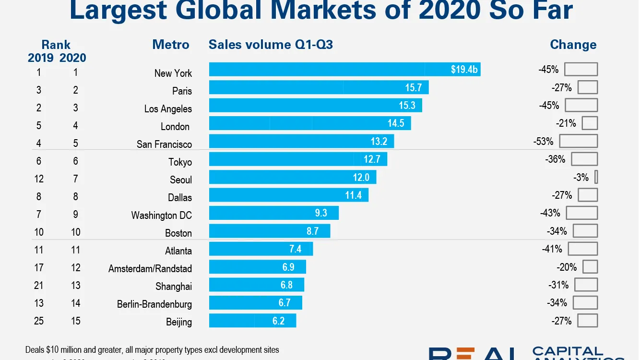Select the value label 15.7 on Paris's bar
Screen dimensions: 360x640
coord(413,87)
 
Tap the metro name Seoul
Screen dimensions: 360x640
coord(181,180)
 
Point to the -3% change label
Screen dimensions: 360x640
coord(581,178)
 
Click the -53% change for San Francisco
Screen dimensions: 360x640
coord(543,142)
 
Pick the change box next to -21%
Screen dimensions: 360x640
coord(590,123)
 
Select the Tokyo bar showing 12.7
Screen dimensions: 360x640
coord(297,159)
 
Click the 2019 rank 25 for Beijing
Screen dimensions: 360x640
coord(39,321)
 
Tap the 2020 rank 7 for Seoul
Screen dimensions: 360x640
coord(75,179)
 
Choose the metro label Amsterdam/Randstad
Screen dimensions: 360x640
coord(150,269)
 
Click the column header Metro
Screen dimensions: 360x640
coord(171,45)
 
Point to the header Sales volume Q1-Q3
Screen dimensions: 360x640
coord(271,45)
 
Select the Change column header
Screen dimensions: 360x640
coord(573,45)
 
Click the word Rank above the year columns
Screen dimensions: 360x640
coord(56,45)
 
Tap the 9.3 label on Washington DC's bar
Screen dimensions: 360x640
coord(321,212)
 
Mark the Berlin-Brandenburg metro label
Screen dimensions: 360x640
coord(154,304)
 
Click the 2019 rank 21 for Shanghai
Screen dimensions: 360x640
coord(39,285)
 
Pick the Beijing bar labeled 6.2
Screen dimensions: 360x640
coord(252,320)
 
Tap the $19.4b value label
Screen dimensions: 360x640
coord(464,70)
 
